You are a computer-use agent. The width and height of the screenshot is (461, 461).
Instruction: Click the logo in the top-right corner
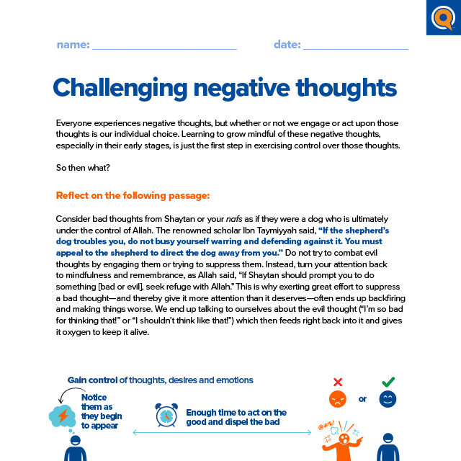tap(442, 17)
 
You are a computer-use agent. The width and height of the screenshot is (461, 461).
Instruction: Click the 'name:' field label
tap(73, 45)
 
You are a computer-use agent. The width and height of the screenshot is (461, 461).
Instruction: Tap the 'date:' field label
tap(287, 45)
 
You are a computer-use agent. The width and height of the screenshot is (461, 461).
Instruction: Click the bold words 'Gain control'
tap(92, 380)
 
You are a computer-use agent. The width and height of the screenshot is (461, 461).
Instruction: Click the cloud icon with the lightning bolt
tap(62, 416)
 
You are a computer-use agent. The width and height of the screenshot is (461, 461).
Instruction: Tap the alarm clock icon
tap(166, 415)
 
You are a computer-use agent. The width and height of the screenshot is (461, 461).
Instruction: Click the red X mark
tap(337, 382)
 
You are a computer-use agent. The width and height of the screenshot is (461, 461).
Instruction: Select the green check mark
tap(388, 382)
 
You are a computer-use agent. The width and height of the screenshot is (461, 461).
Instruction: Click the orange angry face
tap(337, 399)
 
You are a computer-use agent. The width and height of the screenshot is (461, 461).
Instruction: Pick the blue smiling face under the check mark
tap(388, 399)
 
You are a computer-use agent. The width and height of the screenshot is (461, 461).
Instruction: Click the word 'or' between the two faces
tap(362, 398)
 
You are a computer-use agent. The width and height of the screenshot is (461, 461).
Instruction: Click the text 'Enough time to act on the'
tap(236, 413)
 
